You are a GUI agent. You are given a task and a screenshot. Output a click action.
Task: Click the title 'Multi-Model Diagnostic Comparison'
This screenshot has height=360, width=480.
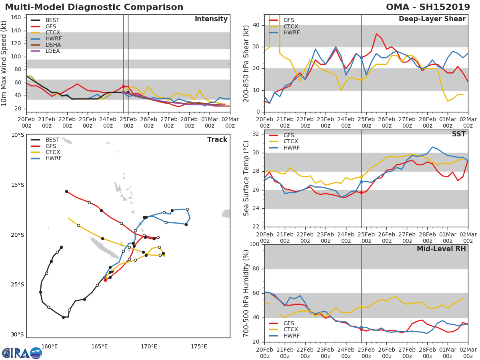[x=94, y=7]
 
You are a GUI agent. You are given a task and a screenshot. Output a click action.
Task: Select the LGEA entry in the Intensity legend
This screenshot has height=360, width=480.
[x=52, y=51]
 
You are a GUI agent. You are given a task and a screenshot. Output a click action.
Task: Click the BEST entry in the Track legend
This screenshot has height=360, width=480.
[x=52, y=140]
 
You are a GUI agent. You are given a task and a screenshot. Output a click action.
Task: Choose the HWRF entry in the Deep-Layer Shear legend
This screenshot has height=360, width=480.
[x=291, y=33]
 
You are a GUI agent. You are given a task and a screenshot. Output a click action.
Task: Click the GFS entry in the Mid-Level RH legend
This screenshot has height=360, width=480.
[x=289, y=323]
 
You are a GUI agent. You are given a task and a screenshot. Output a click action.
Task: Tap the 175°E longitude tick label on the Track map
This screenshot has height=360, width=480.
[x=199, y=346]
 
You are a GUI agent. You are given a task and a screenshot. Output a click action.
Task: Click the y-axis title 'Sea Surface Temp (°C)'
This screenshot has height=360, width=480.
[x=246, y=178]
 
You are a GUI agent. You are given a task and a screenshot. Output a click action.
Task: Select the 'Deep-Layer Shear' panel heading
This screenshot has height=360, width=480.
[x=432, y=19]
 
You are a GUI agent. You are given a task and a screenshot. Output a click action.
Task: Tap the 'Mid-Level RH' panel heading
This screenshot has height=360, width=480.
[x=441, y=249]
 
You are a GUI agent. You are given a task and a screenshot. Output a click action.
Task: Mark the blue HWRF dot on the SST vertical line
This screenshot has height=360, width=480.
[x=361, y=182]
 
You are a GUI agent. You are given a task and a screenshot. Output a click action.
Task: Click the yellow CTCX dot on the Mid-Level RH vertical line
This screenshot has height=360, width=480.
[x=361, y=307]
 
